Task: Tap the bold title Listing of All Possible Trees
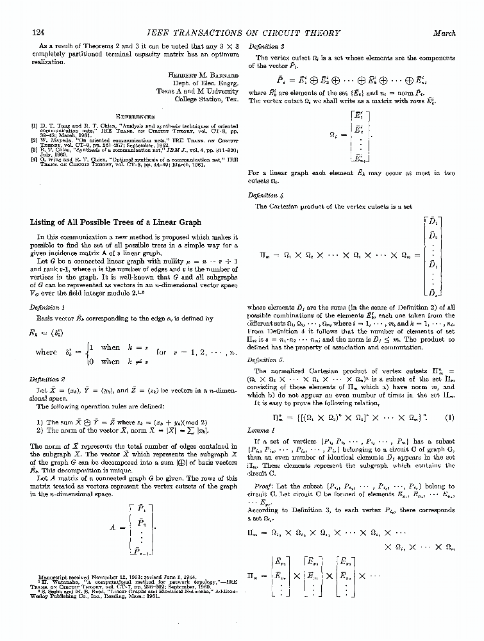115,222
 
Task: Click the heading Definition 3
265,47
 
